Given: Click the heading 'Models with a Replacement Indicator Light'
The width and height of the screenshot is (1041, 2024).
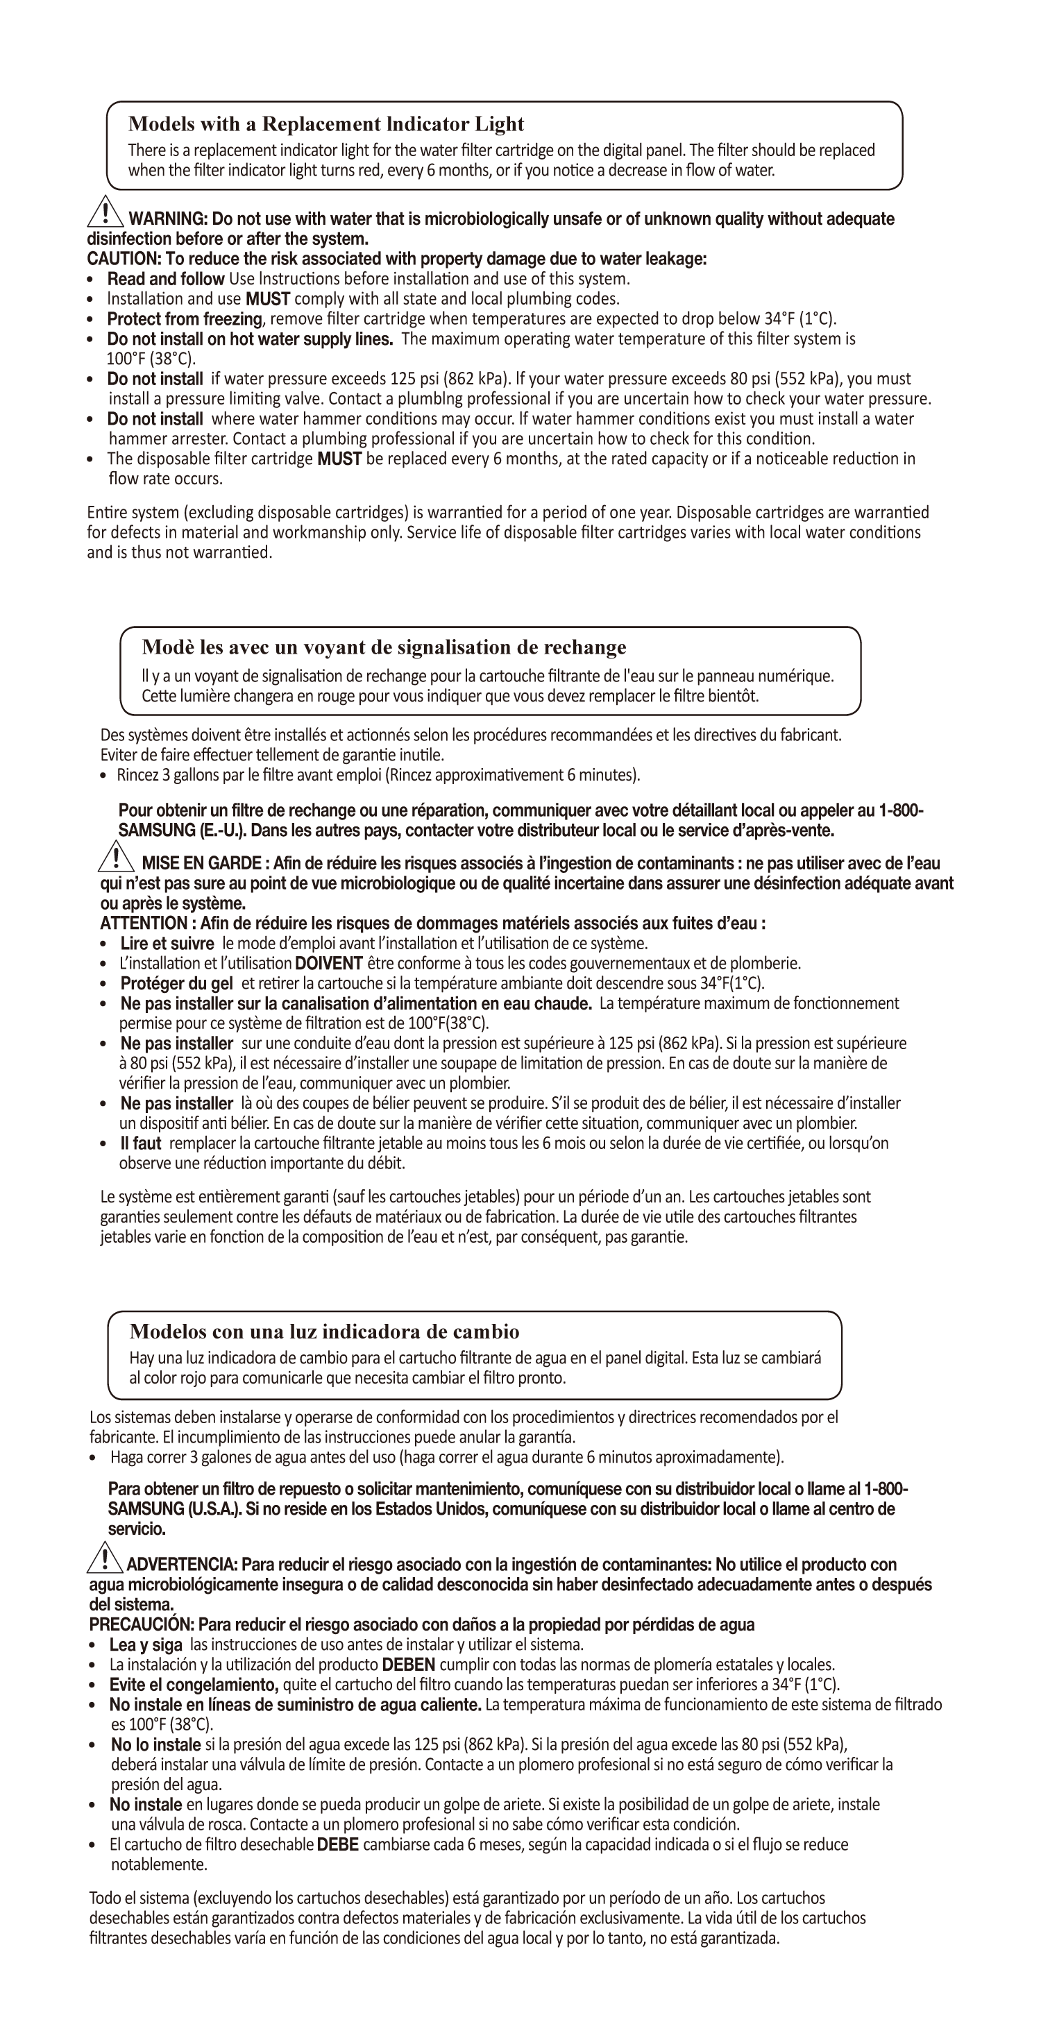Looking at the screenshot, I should (326, 124).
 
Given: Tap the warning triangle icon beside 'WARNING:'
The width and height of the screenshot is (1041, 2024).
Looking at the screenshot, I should (105, 210).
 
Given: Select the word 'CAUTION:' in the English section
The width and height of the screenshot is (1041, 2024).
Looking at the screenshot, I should (124, 260).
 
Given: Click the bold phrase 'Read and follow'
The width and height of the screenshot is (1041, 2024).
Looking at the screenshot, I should (166, 279).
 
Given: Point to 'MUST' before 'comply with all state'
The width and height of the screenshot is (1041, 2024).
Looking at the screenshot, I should (268, 298).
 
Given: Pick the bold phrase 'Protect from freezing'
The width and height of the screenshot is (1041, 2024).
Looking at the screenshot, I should (185, 319).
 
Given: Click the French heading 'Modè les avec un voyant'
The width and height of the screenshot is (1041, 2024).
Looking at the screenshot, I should (384, 647).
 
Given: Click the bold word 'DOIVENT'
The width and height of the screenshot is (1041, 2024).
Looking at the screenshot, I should (328, 963).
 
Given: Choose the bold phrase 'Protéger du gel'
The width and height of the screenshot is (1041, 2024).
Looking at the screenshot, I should (177, 984).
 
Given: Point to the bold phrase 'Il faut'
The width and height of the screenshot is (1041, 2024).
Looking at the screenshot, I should (141, 1143).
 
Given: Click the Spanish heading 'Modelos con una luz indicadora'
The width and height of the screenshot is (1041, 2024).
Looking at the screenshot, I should (325, 1331).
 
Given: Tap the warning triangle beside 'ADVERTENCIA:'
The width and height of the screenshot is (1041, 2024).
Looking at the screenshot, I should (103, 1557).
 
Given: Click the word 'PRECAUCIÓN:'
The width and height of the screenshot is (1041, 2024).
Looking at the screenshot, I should (142, 1624).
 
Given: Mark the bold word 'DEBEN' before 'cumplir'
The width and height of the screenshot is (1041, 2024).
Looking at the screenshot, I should (409, 1664).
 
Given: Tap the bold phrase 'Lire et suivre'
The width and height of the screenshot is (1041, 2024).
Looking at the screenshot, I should (167, 944).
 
